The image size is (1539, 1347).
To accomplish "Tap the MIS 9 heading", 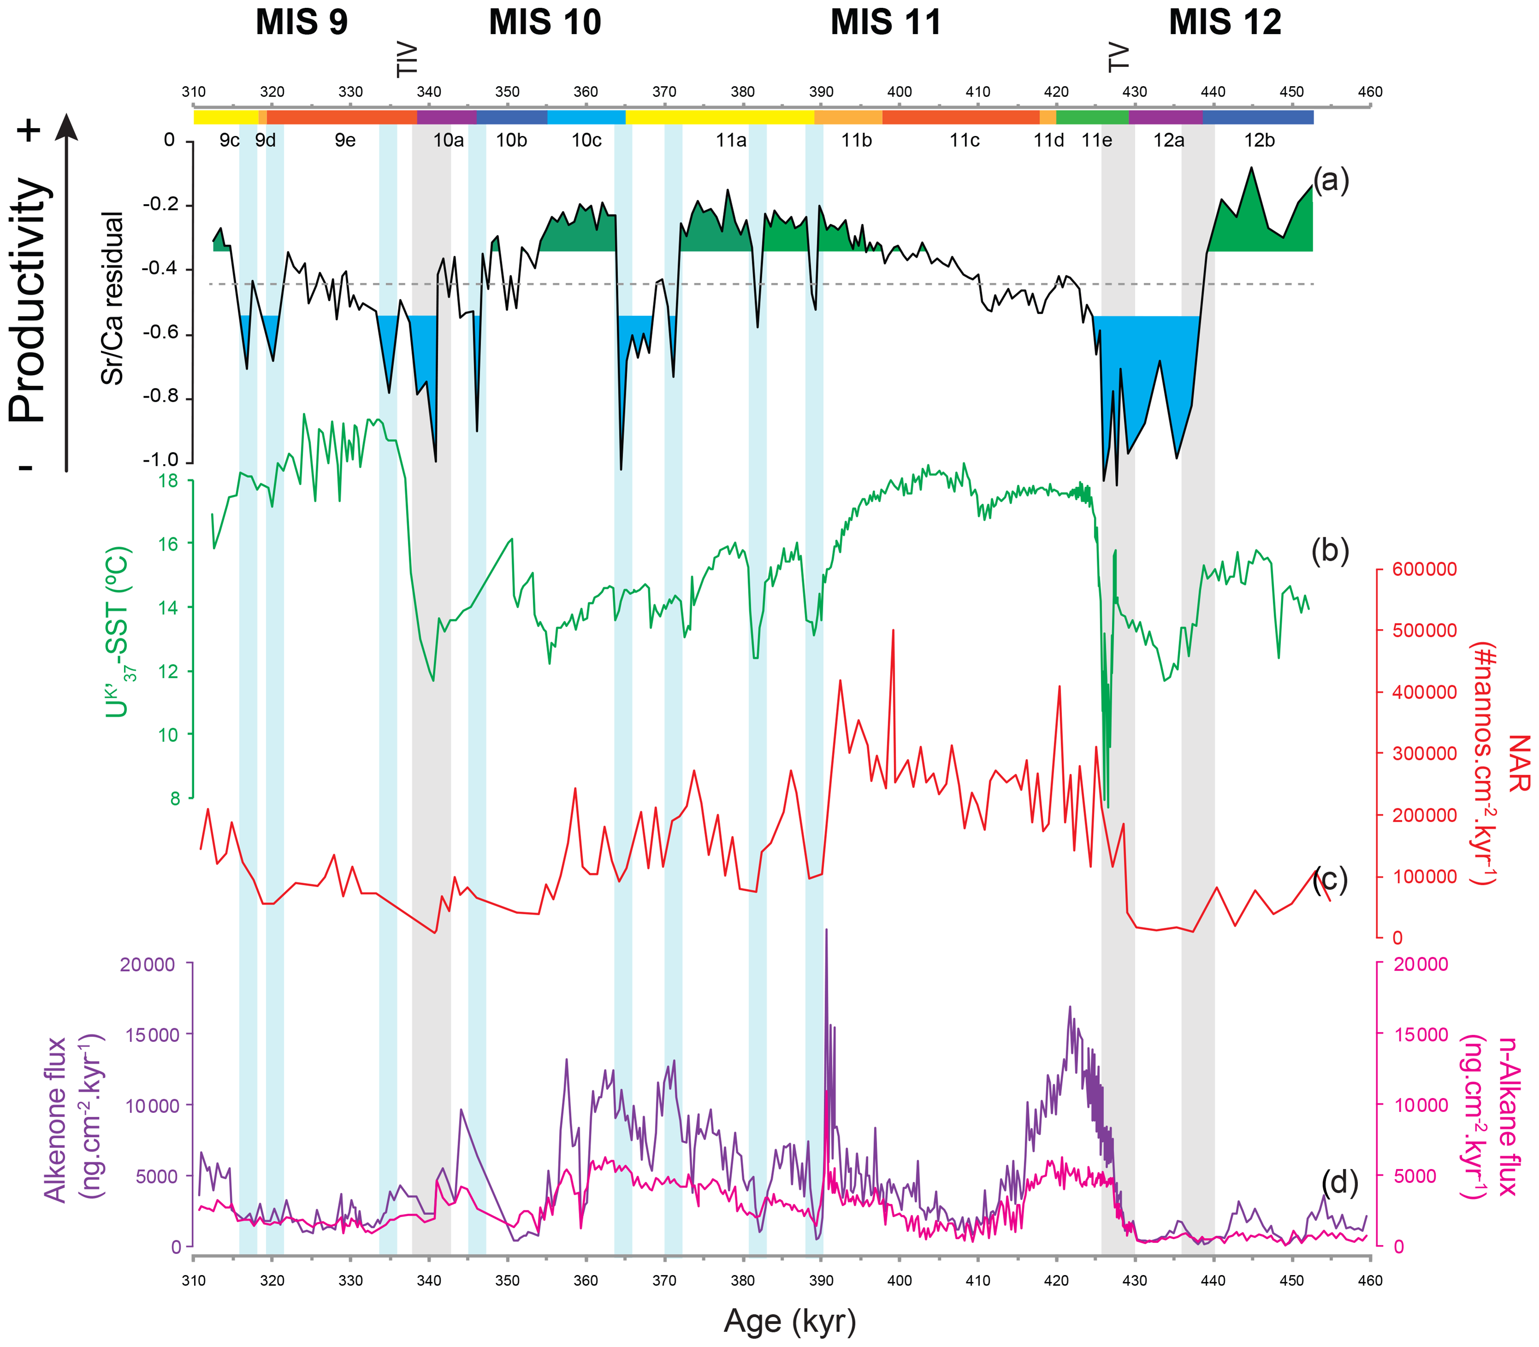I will click(301, 23).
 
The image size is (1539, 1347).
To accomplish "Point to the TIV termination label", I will click(407, 59).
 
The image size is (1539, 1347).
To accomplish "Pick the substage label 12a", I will click(1168, 141).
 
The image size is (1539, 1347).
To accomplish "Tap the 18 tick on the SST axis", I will click(170, 480).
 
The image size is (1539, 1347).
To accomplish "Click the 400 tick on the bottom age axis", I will click(899, 1281).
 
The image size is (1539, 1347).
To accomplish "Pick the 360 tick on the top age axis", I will click(586, 92).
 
